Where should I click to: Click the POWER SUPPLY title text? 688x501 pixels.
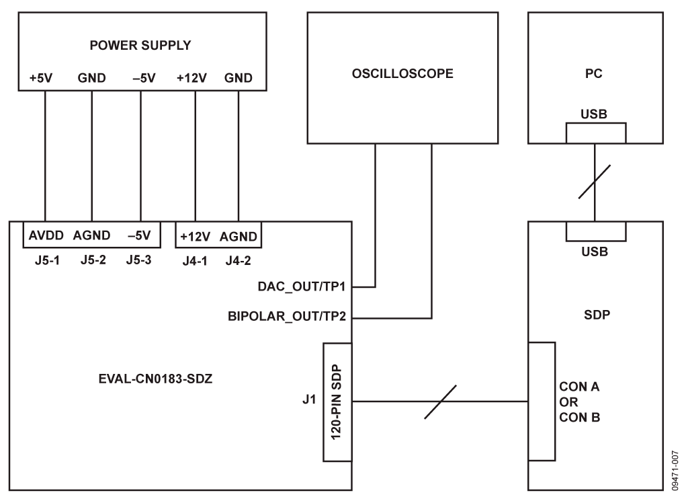pos(140,46)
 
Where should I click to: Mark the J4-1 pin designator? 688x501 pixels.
pos(194,260)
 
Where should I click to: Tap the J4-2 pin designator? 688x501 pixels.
pos(239,260)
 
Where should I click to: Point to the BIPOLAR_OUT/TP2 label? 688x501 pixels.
pos(288,317)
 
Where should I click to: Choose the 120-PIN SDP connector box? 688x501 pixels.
pos(338,402)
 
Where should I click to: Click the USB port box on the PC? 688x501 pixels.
pos(595,133)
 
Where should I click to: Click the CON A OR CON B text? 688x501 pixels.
pos(579,402)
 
